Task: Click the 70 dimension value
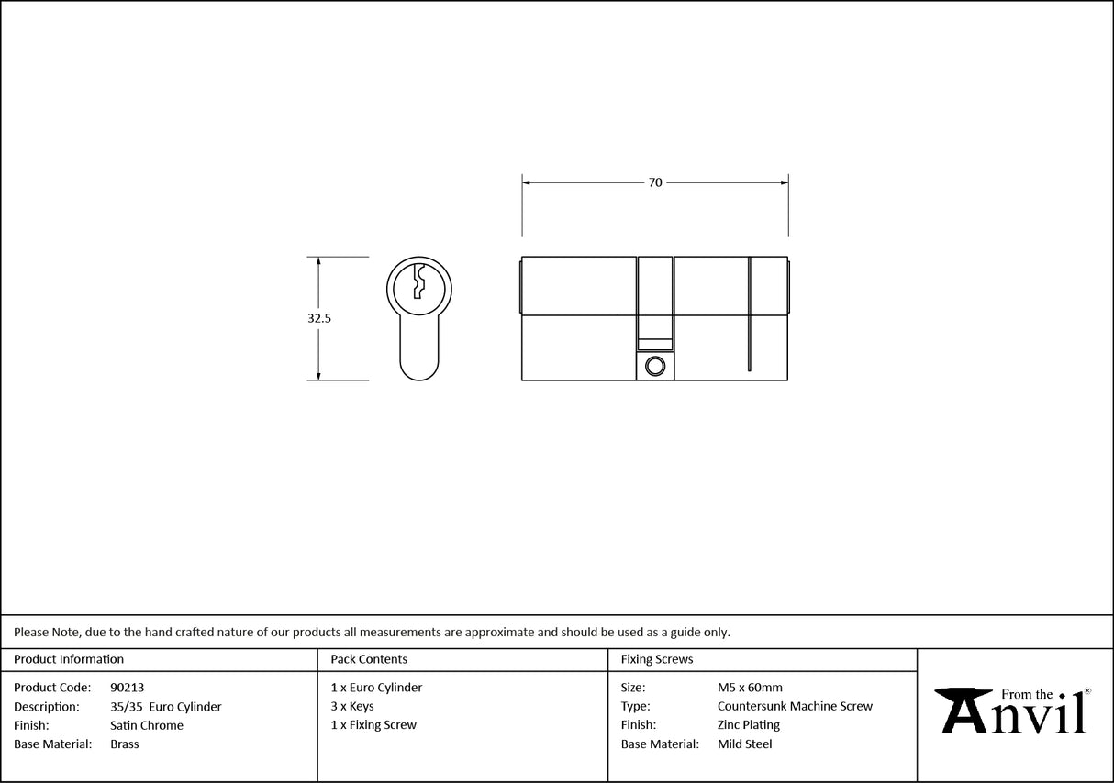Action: pyautogui.click(x=655, y=182)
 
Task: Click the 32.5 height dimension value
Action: pyautogui.click(x=318, y=319)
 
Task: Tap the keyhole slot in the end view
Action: pyautogui.click(x=418, y=281)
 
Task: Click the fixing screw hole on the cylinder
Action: pyautogui.click(x=654, y=367)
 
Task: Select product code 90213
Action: pyautogui.click(x=127, y=688)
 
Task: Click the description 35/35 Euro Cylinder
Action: pyautogui.click(x=165, y=707)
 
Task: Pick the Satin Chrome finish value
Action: pyautogui.click(x=146, y=725)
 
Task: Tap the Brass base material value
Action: pyautogui.click(x=124, y=744)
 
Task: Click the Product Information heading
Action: pyautogui.click(x=69, y=659)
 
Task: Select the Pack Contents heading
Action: pyautogui.click(x=369, y=659)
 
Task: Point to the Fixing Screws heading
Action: pyautogui.click(x=657, y=659)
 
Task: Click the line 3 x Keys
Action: pyautogui.click(x=352, y=707)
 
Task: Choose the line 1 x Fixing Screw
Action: pyautogui.click(x=373, y=725)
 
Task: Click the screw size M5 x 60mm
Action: pyautogui.click(x=750, y=688)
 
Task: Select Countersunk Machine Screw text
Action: pyautogui.click(x=795, y=707)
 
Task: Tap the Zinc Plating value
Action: pyautogui.click(x=749, y=725)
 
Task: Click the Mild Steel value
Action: pyautogui.click(x=744, y=744)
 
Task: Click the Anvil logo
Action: pyautogui.click(x=1013, y=711)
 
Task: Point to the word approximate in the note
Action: pyautogui.click(x=499, y=632)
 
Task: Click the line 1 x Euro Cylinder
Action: pyautogui.click(x=376, y=688)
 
